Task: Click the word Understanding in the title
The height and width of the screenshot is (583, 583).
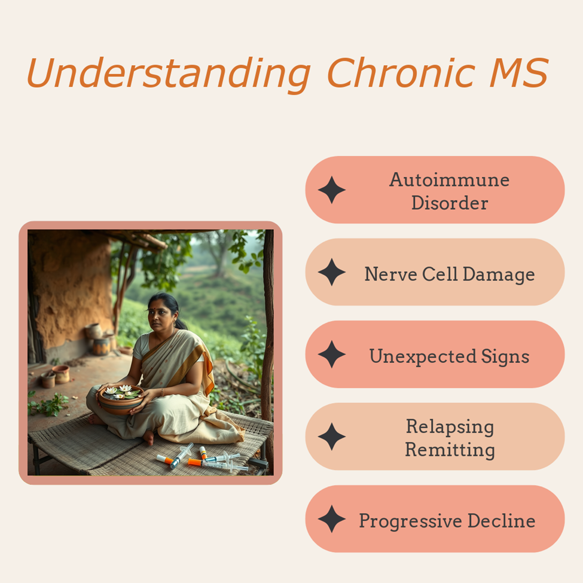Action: point(169,74)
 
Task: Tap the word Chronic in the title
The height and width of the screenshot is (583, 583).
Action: point(401,72)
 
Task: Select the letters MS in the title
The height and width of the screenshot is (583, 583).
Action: point(519,72)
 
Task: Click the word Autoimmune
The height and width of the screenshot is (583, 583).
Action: point(449,180)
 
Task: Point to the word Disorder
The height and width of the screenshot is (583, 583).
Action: point(450,203)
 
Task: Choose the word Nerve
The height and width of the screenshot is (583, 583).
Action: point(391,274)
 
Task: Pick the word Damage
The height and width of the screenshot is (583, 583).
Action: point(499,275)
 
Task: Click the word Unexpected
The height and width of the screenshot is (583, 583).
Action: point(423,356)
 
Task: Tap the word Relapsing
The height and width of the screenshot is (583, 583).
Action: point(450,427)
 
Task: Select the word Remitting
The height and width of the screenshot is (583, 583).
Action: point(450,450)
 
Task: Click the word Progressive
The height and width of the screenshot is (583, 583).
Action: point(410,521)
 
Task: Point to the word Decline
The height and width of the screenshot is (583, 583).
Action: point(502,521)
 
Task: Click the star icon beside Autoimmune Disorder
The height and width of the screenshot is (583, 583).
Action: point(332,190)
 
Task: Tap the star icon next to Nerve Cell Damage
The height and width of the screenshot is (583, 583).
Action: point(332,272)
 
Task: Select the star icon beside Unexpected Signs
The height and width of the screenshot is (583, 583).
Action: point(332,355)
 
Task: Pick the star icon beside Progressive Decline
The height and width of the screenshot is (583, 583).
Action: point(332,518)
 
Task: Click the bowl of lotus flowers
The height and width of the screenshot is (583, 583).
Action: point(121,399)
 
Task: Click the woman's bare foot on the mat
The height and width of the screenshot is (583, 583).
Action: point(148,437)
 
